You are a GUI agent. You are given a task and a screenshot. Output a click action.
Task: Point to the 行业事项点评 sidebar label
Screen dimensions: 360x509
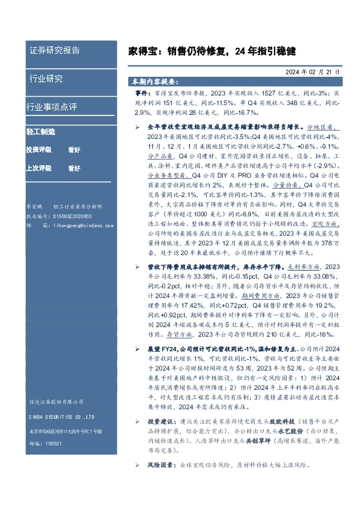coord(51,107)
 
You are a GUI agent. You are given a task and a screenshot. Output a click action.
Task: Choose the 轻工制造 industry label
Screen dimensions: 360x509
coord(41,131)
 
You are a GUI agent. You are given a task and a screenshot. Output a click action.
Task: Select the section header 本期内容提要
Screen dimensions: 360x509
coord(155,81)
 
